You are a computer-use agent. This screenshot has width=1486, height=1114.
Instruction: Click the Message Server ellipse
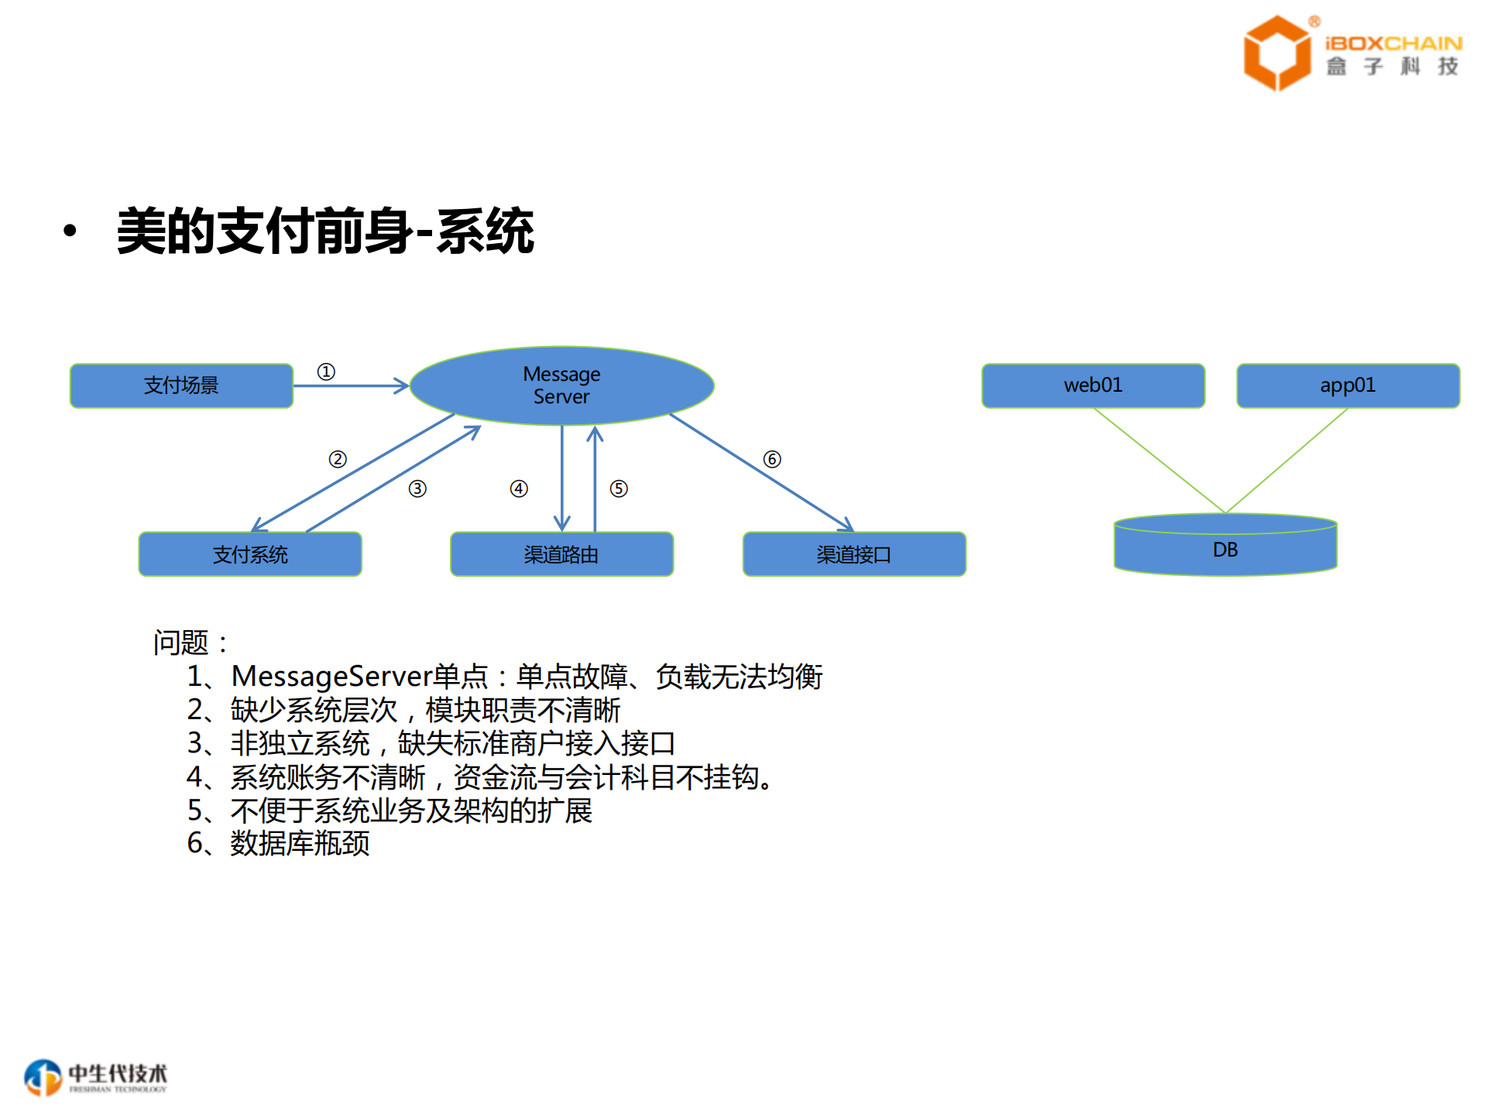tap(561, 386)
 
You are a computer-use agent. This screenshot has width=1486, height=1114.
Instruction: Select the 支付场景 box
tap(181, 386)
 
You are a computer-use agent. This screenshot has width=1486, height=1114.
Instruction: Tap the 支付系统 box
tap(250, 554)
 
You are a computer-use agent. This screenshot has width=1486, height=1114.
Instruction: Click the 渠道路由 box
tap(561, 554)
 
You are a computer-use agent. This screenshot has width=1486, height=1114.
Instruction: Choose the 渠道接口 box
tap(854, 554)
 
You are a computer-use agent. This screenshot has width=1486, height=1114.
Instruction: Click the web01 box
tap(1093, 386)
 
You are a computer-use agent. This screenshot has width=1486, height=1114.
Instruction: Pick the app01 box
tap(1347, 386)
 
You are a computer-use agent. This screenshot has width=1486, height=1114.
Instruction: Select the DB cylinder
tap(1225, 550)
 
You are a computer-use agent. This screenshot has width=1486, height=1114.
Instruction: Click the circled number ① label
tap(326, 372)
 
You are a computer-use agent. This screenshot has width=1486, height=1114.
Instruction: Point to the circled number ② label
tap(338, 459)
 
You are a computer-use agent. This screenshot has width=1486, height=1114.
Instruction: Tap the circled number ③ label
tap(417, 488)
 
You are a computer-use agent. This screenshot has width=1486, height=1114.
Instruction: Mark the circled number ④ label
tap(519, 488)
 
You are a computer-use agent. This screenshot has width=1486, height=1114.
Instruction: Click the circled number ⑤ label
tap(619, 488)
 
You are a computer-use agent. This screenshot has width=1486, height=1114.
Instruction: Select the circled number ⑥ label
tap(772, 459)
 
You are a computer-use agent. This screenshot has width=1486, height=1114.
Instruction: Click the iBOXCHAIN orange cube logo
tap(1276, 53)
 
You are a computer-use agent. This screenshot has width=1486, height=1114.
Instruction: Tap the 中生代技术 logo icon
tap(43, 1077)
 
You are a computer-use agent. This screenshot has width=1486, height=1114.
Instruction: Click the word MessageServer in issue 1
tap(331, 677)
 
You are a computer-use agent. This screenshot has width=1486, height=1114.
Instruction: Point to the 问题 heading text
tap(180, 643)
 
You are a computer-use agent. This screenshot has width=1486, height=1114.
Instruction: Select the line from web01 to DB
tap(1159, 460)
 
